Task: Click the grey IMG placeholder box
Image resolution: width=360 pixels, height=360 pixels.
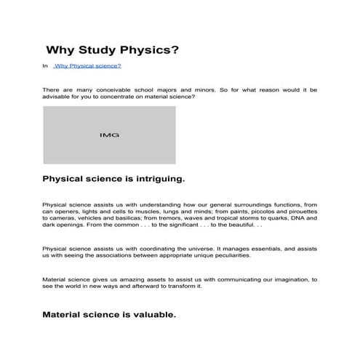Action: pos(109,135)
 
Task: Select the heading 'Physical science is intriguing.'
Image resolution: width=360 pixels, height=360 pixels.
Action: pos(114,178)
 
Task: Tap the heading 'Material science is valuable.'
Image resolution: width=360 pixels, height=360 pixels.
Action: pos(109,316)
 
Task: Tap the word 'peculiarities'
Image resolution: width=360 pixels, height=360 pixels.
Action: pos(228,255)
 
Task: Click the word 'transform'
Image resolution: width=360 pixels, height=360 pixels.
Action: pos(183,286)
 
